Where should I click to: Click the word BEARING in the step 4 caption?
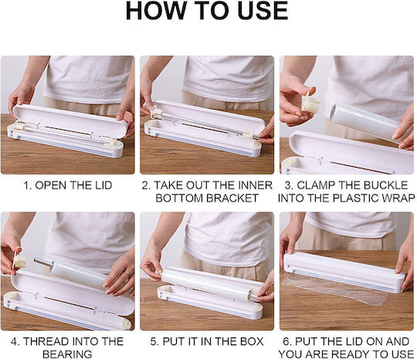[67, 354]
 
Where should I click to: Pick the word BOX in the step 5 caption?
[252, 341]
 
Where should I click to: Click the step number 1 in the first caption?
[27, 185]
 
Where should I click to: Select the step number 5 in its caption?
[154, 341]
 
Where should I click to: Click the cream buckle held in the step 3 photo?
[310, 103]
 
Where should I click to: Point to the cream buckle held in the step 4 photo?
[19, 259]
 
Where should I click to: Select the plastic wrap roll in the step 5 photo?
[208, 284]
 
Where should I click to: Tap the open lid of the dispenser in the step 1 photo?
[69, 121]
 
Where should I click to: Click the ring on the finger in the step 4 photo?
[127, 273]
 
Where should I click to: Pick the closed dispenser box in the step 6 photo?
[344, 272]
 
